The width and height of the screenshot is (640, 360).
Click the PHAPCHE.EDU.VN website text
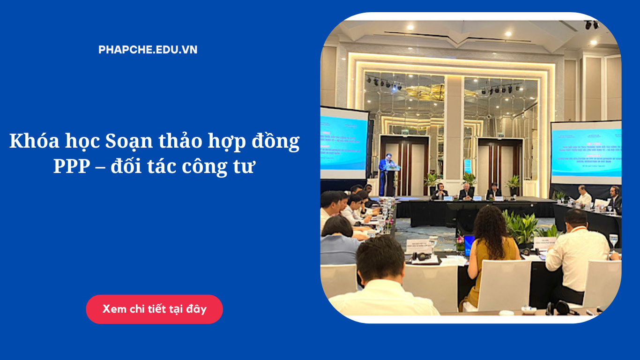[x=148, y=50]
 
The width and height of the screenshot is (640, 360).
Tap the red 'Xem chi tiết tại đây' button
[x=154, y=309]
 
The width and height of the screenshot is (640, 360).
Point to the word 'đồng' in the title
[x=276, y=141]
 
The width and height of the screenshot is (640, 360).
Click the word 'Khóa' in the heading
[x=30, y=141]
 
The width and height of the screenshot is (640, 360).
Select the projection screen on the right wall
[x=587, y=152]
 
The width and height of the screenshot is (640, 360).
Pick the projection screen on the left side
[x=343, y=143]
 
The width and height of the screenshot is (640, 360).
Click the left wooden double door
[x=404, y=164]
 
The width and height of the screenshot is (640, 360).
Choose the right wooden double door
[x=500, y=164]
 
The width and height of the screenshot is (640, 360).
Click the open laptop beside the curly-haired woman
[x=469, y=245]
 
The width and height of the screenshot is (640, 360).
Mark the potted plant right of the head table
[x=513, y=183]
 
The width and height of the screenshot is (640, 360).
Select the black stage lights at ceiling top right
[x=591, y=25]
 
